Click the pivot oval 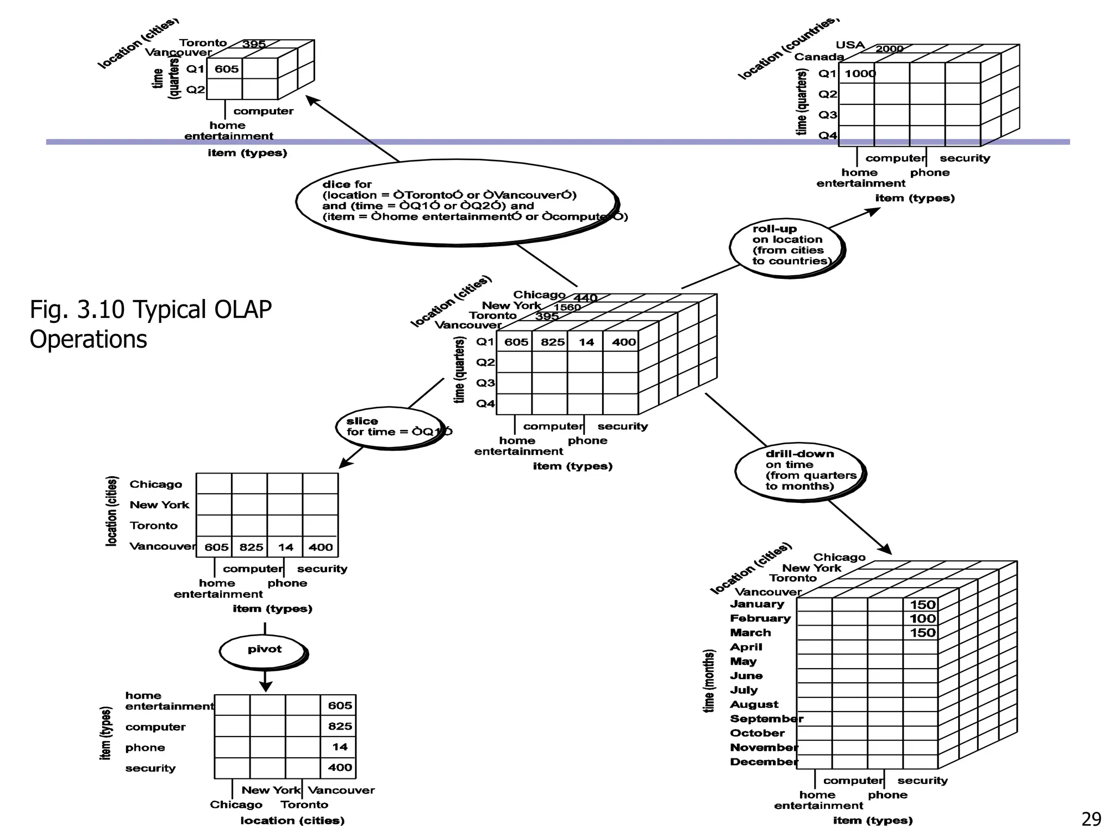(x=264, y=651)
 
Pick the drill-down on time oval (x=799, y=471)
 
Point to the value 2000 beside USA (x=889, y=49)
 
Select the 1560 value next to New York (x=567, y=307)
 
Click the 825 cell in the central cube (x=552, y=342)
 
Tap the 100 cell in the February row (x=922, y=619)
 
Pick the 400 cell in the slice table (x=321, y=547)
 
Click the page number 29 (x=1091, y=819)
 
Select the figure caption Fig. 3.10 (x=150, y=324)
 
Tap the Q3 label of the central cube (x=485, y=383)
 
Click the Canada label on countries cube (x=819, y=57)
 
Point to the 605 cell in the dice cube (x=226, y=69)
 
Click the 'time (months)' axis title (x=709, y=681)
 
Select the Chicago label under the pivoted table (x=236, y=805)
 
